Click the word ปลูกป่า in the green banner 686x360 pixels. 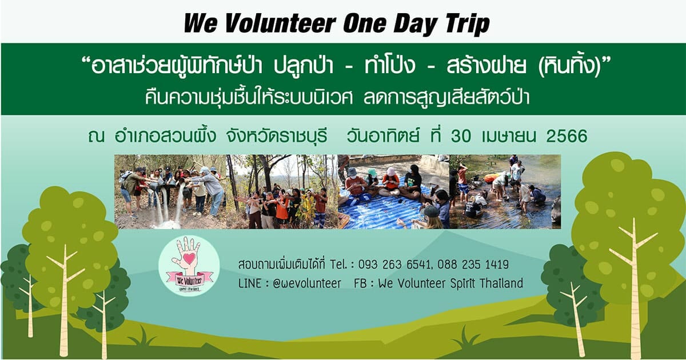(x=303, y=65)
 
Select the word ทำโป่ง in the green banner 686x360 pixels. (x=390, y=65)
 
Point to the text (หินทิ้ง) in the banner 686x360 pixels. (x=569, y=65)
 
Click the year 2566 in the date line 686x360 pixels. (x=567, y=136)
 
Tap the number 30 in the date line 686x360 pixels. (x=461, y=136)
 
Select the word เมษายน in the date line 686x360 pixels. (x=509, y=136)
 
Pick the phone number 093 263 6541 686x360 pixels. (x=394, y=264)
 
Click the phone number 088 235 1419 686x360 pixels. (x=473, y=264)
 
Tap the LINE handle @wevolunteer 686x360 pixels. (x=306, y=283)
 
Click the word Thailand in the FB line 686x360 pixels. (x=501, y=283)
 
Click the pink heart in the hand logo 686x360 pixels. (x=189, y=259)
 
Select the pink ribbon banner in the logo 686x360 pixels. (x=190, y=279)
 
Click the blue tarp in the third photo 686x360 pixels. (x=380, y=211)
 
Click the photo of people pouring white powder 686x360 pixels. (x=170, y=191)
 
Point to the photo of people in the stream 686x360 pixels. (x=505, y=191)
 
